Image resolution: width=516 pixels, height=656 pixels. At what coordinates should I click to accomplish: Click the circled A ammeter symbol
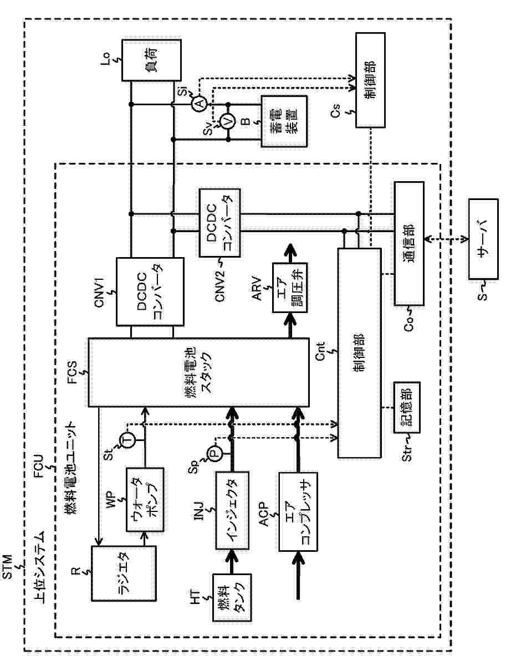point(199,104)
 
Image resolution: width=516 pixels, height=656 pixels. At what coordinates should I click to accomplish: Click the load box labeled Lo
point(151,61)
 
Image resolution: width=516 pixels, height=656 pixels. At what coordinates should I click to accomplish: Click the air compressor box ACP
point(298,511)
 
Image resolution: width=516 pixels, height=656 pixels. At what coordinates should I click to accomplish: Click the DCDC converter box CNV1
point(150,291)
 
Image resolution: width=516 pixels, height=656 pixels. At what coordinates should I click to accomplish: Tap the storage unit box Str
point(406,408)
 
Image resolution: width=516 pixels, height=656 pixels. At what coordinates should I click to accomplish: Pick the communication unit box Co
point(409,243)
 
